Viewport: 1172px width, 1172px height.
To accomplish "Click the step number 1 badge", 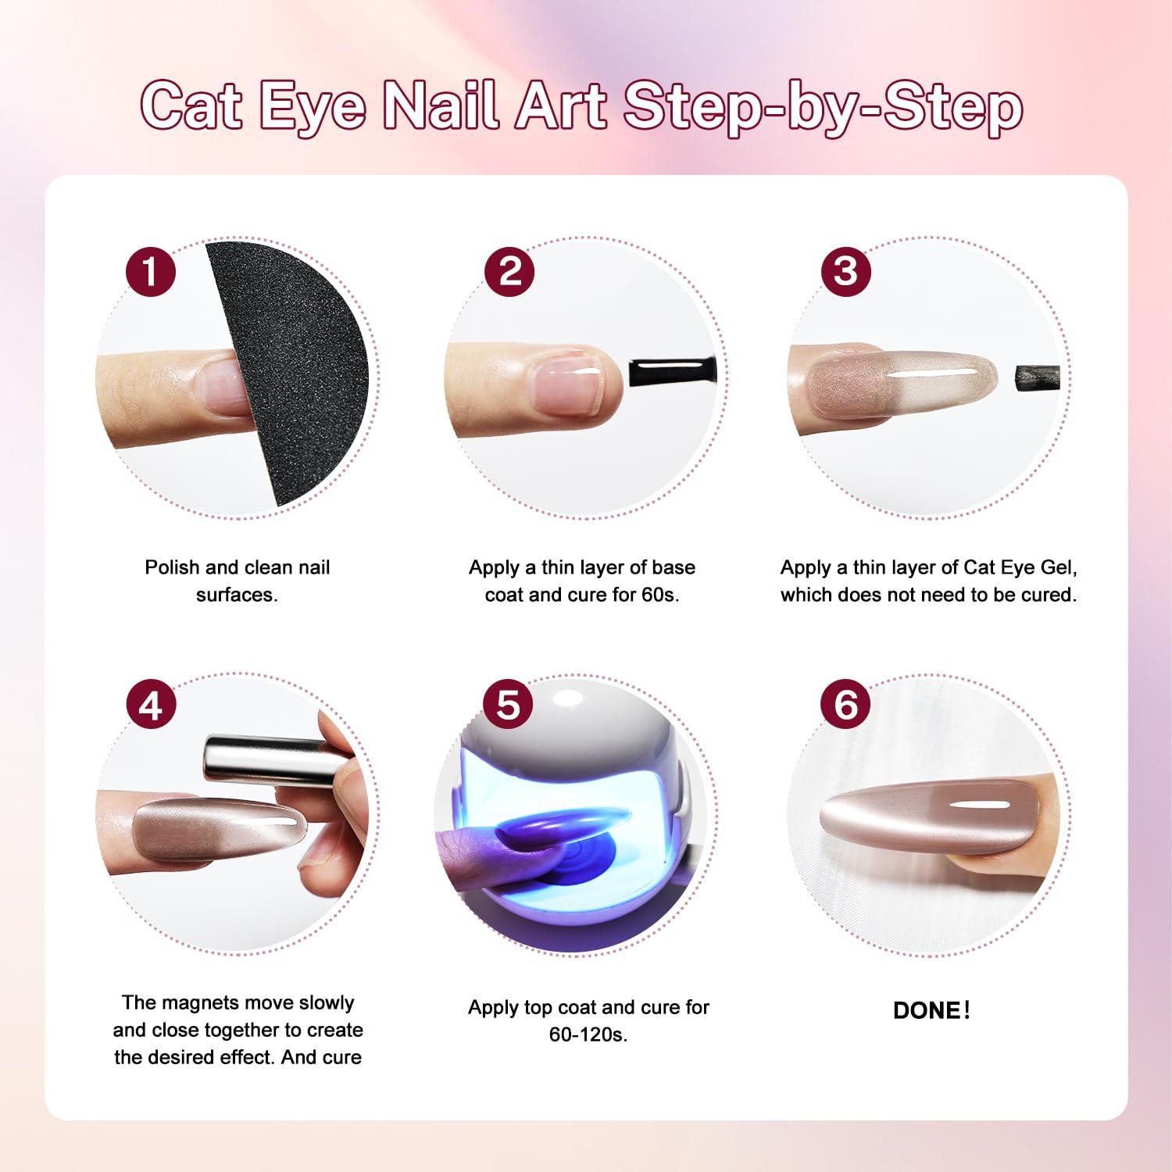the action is tap(151, 271).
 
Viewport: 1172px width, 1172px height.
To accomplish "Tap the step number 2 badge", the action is tap(509, 271).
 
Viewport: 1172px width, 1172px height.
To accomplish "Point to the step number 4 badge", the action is tap(151, 705).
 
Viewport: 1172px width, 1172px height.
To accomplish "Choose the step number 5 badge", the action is tap(509, 705).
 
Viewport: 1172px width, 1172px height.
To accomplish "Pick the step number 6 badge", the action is tap(845, 705).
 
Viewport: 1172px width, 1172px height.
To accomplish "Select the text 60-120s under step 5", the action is tap(588, 1035).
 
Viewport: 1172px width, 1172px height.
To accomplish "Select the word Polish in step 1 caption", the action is tap(172, 567).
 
